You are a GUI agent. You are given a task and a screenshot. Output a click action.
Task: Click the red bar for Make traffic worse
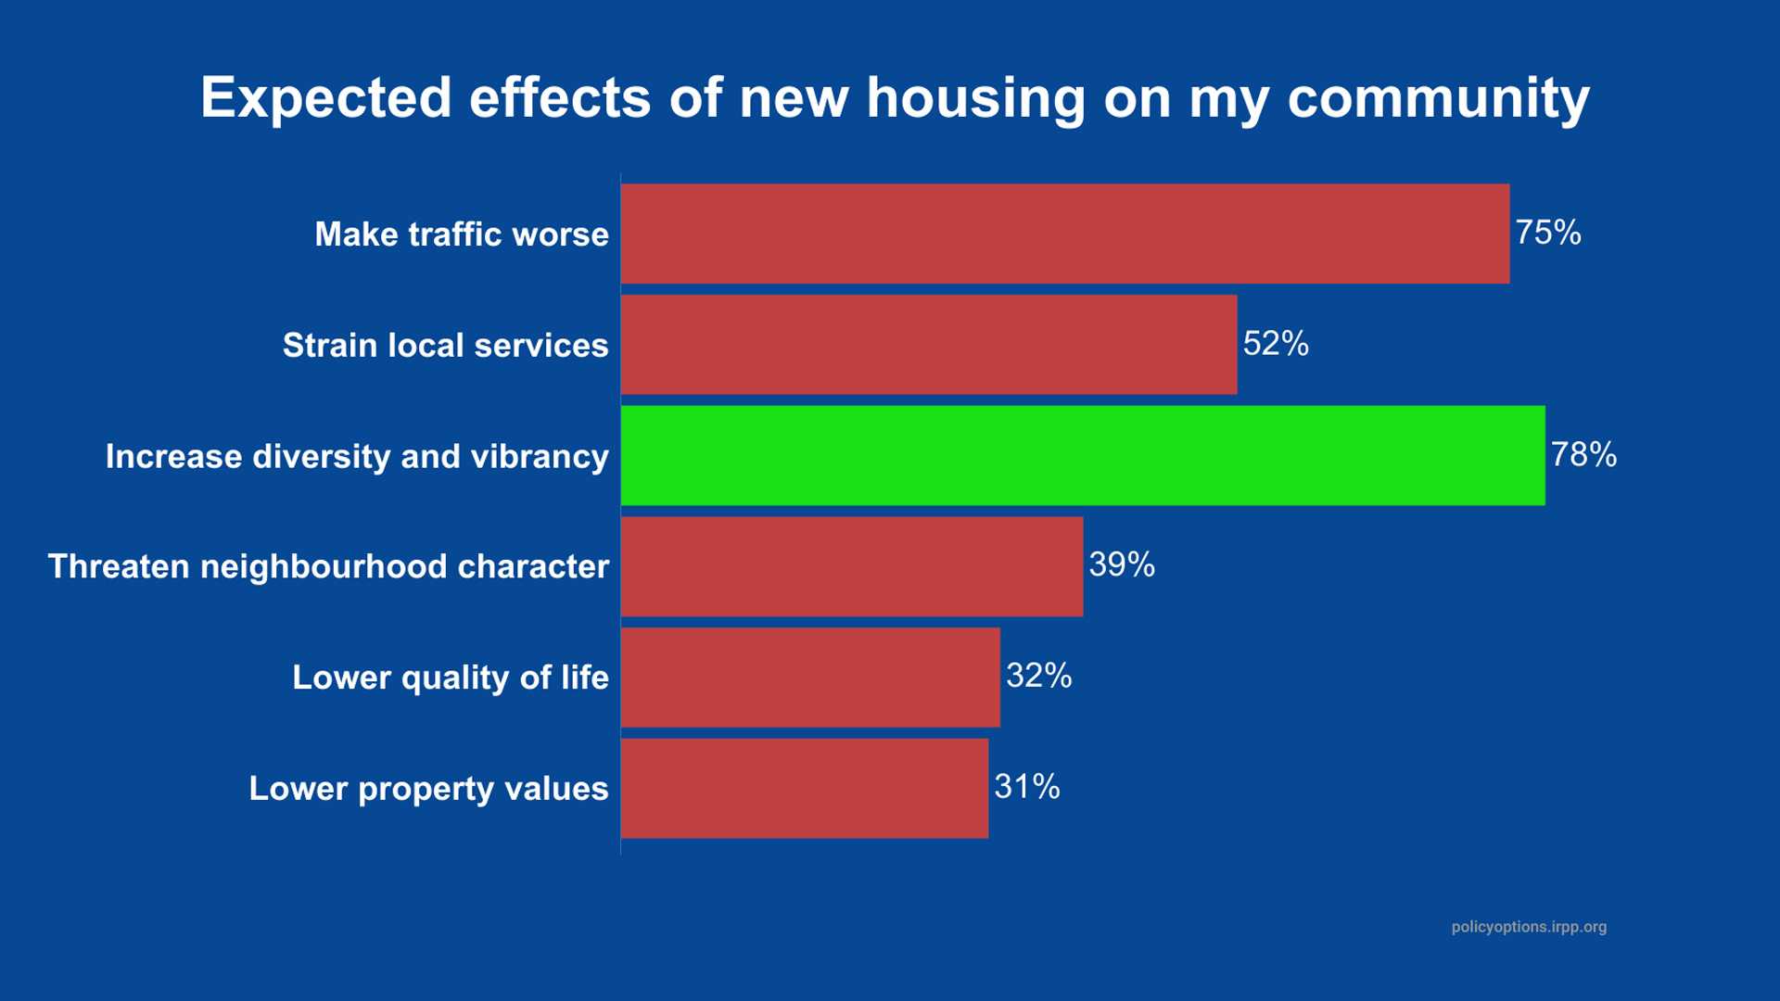1064,234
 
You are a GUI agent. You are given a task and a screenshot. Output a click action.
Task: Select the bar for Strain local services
928,345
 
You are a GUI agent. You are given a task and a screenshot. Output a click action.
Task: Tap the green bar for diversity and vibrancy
1082,455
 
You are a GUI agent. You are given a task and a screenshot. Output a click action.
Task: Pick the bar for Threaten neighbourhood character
851,566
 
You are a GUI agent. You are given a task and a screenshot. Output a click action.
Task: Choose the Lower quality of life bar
810,678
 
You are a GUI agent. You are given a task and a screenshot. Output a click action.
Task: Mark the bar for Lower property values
804,789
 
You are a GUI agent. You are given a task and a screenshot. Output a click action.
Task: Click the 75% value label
1547,233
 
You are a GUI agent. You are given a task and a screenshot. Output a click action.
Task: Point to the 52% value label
1275,344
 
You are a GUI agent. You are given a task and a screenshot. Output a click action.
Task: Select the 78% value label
1583,455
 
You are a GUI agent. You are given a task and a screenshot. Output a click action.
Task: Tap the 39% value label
1121,564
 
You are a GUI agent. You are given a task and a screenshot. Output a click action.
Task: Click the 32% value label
1038,676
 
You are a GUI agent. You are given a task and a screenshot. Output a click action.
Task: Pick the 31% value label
1026,787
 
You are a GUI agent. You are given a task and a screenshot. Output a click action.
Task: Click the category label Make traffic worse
461,234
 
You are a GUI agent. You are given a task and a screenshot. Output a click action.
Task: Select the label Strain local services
445,346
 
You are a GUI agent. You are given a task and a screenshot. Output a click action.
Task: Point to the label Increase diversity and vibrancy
357,457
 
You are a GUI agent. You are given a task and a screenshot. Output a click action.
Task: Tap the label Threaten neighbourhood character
328,566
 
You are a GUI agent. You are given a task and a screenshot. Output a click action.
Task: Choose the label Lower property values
428,789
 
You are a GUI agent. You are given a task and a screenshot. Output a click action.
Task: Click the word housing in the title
975,98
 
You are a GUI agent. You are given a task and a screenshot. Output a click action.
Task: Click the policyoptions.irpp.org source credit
1529,927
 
